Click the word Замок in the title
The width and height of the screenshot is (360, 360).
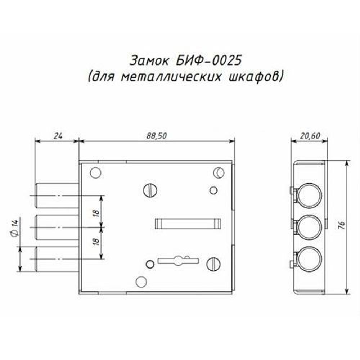(x=150, y=60)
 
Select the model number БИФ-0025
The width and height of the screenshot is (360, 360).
(x=209, y=60)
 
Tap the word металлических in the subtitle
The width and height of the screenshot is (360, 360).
(x=171, y=77)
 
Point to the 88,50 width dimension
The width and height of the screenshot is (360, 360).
(x=157, y=136)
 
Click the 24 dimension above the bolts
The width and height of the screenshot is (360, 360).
(x=58, y=136)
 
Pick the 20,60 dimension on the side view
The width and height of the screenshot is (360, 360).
(x=310, y=136)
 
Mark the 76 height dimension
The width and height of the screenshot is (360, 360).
(x=342, y=225)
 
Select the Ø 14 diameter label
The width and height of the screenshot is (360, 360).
(x=14, y=228)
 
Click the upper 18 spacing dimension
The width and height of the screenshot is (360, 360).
(x=96, y=213)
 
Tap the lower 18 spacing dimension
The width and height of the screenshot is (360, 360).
(x=96, y=241)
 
